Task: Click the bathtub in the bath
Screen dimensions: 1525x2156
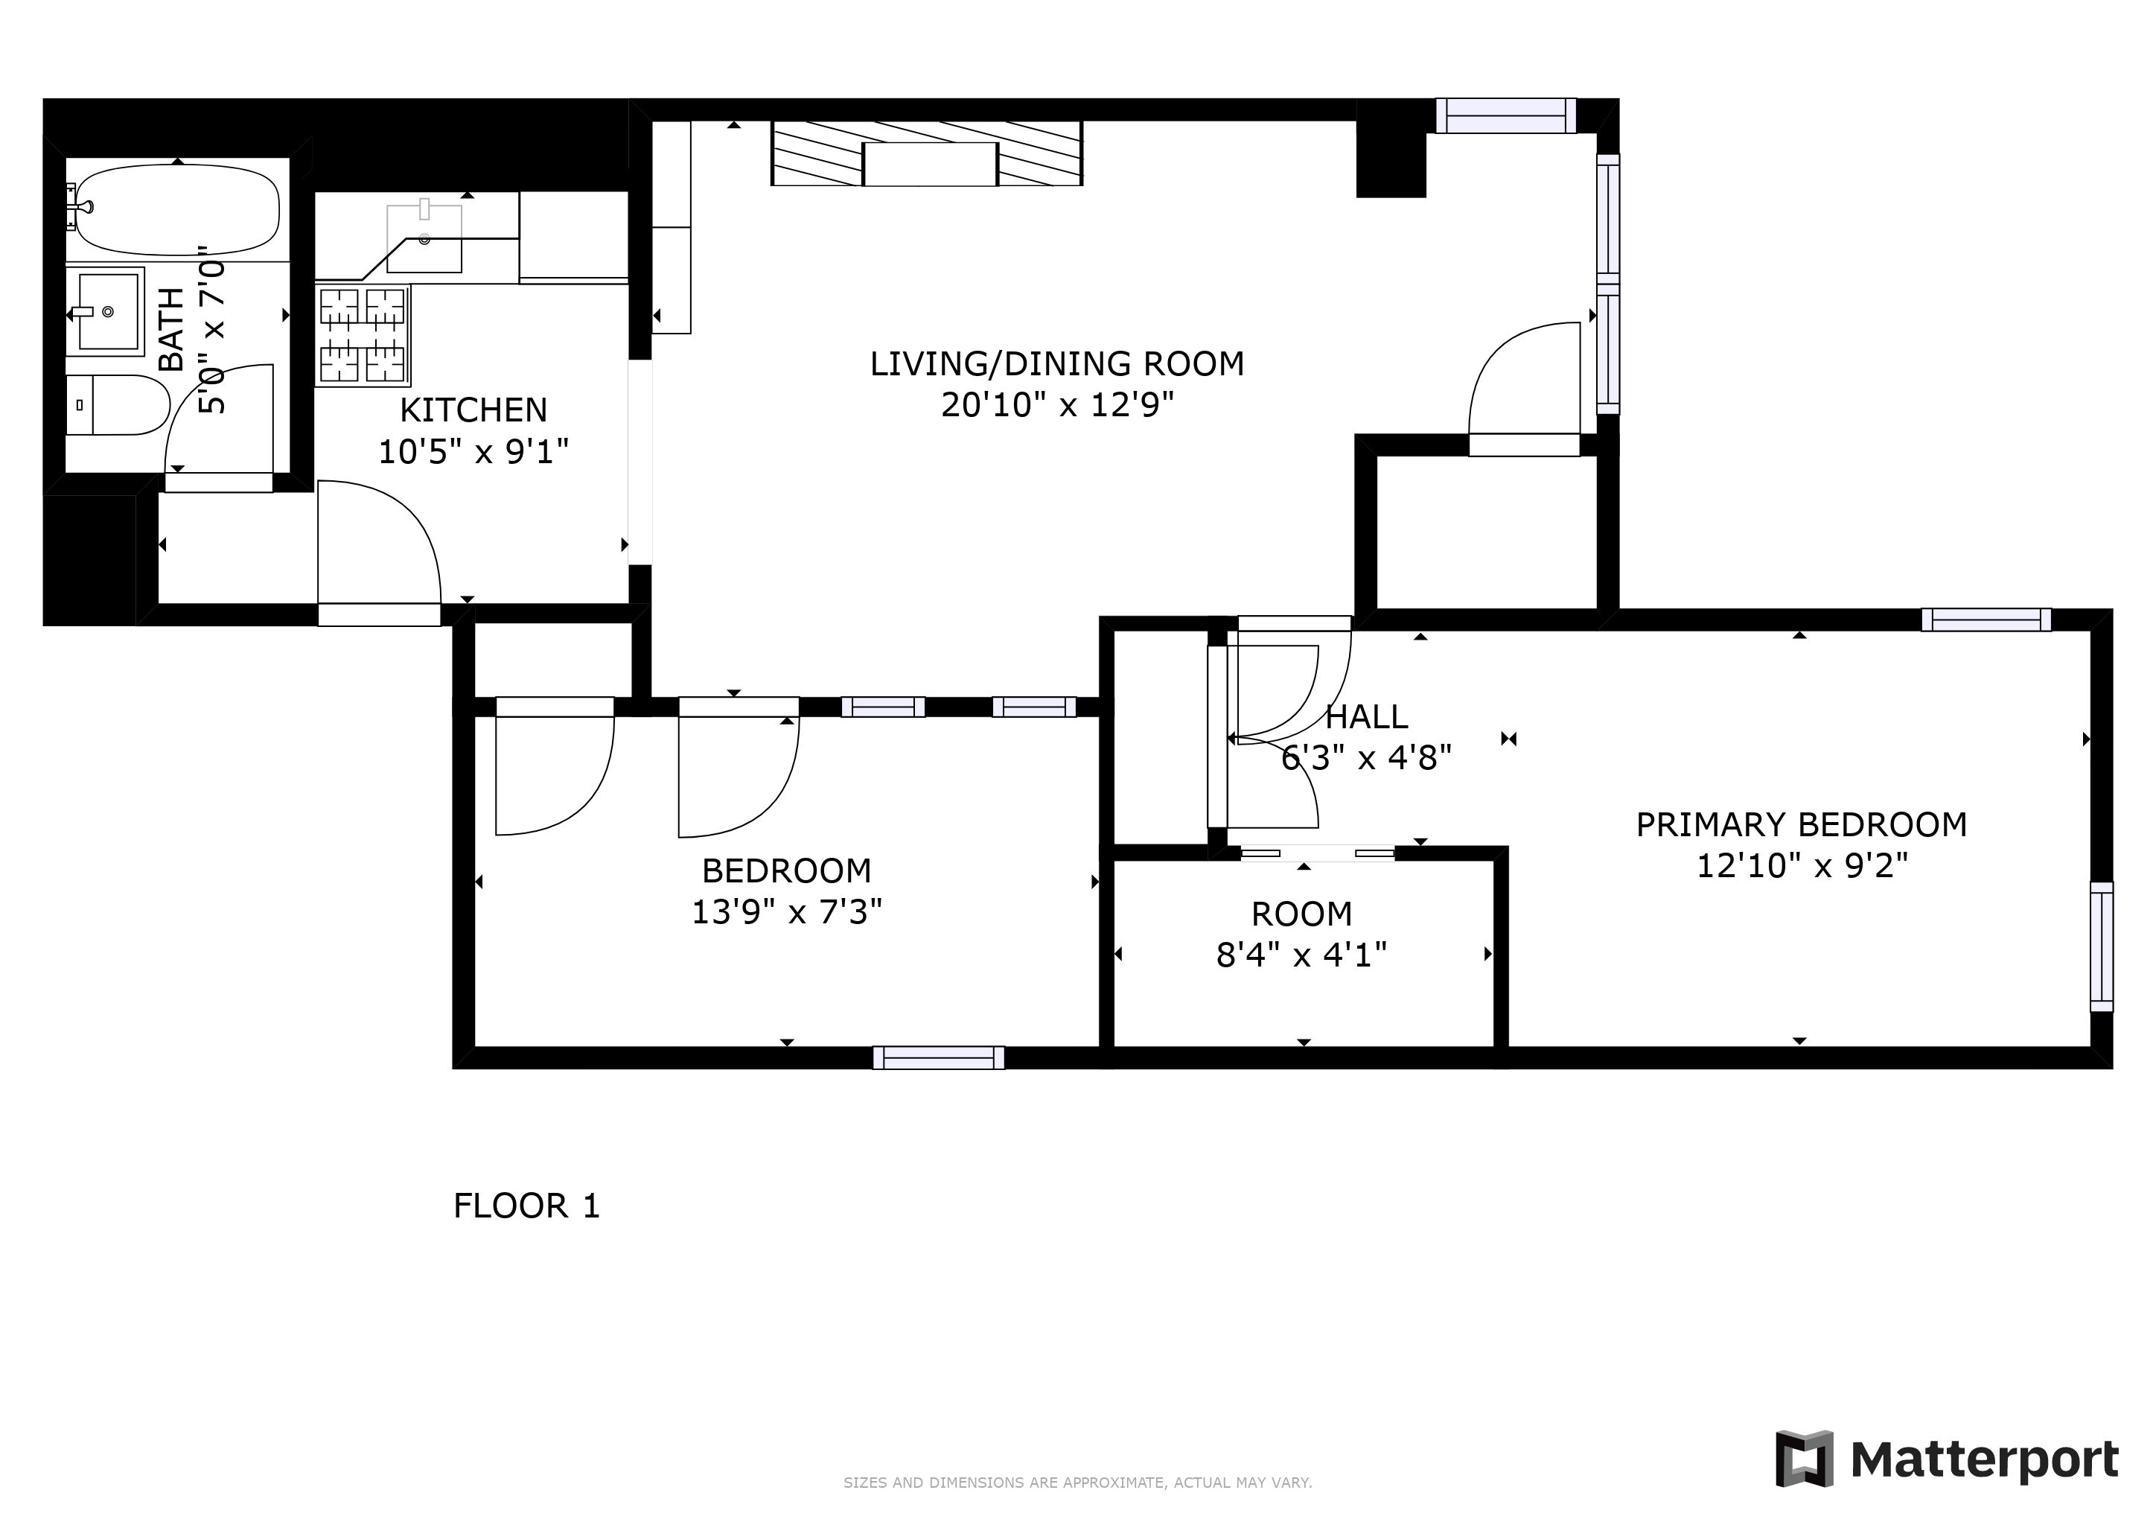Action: coord(176,209)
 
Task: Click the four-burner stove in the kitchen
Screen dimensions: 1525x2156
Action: coord(363,334)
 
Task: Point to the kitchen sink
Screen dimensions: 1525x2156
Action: coord(424,240)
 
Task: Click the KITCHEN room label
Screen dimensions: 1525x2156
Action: coord(473,410)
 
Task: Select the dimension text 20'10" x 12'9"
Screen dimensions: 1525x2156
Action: coord(1057,405)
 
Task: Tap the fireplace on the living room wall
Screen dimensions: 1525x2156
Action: coord(928,155)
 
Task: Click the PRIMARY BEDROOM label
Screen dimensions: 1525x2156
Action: coord(1801,824)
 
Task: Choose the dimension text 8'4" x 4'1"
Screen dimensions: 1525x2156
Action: coord(1301,955)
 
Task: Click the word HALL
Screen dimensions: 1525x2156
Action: coord(1366,716)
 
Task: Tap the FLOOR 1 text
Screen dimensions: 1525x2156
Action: coord(526,1206)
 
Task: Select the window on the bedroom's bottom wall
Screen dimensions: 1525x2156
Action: coord(938,1057)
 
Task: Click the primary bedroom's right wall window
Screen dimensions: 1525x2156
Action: coord(2101,946)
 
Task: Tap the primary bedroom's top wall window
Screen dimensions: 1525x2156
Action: coord(1985,620)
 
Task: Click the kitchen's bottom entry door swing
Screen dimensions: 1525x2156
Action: coord(380,544)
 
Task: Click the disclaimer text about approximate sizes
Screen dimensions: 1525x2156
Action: coord(1077,1483)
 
